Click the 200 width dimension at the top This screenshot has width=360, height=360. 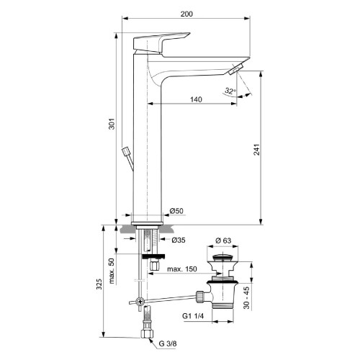pos(187,14)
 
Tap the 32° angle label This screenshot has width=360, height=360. pos(229,91)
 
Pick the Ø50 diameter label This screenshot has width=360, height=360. pos(176,211)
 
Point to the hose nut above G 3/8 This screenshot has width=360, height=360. pos(147,333)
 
